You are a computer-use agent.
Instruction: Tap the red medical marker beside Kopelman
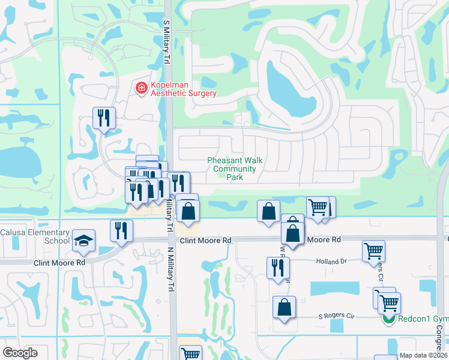point(142,89)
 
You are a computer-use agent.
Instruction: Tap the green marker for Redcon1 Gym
point(389,318)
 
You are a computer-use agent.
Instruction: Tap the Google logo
point(20,353)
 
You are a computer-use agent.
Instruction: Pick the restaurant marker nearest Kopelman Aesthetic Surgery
point(104,118)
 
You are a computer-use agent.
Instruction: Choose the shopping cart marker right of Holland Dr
point(373,250)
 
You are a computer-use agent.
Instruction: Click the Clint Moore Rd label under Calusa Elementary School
point(59,262)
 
